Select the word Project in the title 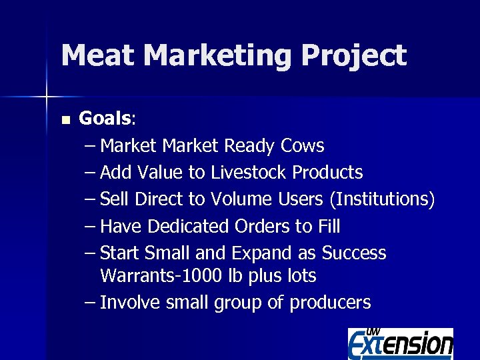(x=353, y=55)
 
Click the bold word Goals (x=105, y=119)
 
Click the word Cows (x=303, y=146)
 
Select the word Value (x=159, y=173)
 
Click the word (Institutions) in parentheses (x=382, y=199)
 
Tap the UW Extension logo (x=400, y=343)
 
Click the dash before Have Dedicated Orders (x=90, y=227)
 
